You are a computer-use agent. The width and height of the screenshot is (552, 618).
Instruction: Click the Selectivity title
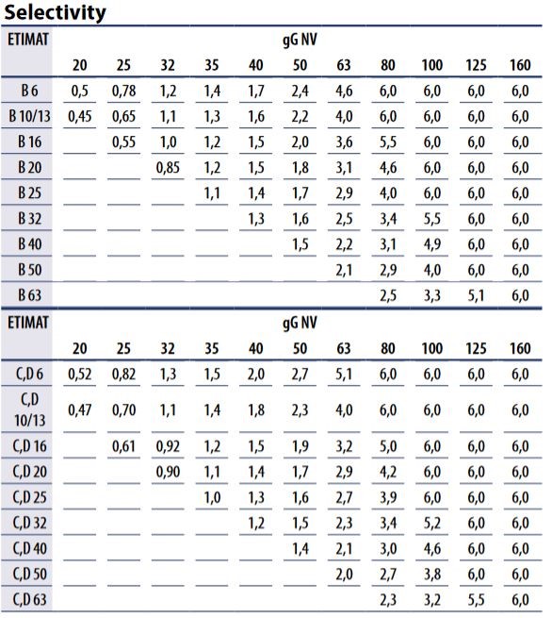[55, 12]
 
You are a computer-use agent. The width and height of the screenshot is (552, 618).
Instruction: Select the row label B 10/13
[29, 116]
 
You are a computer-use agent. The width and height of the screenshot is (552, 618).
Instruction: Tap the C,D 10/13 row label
[29, 409]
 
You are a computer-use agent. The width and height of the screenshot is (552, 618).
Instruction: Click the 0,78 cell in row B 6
[124, 91]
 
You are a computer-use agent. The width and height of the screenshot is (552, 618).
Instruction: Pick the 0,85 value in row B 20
[168, 168]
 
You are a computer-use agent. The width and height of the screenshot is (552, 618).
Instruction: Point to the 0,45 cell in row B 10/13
[80, 117]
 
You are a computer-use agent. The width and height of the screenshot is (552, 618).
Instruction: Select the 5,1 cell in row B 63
[476, 295]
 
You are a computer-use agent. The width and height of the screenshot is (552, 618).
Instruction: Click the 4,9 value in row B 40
[432, 244]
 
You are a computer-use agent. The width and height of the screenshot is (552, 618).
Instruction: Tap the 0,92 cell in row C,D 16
[168, 446]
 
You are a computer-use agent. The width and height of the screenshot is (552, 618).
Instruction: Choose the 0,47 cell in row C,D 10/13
[80, 410]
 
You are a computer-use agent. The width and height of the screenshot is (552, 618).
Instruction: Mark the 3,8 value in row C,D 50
[432, 575]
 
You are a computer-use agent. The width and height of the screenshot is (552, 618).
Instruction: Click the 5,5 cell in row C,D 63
[476, 600]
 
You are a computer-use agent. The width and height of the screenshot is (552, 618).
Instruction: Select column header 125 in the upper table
[476, 65]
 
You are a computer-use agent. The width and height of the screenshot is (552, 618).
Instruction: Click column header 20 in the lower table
[80, 348]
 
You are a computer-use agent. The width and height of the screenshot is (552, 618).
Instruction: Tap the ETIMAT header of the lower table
[28, 323]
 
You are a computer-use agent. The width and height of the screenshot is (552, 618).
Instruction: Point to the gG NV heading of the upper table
[300, 41]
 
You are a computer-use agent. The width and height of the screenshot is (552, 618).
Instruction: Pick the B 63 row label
[29, 295]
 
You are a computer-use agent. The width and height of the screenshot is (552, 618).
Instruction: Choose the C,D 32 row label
[29, 523]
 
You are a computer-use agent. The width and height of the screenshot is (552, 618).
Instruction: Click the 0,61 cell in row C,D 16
[124, 446]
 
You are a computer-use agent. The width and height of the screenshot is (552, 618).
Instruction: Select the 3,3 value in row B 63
[432, 295]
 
